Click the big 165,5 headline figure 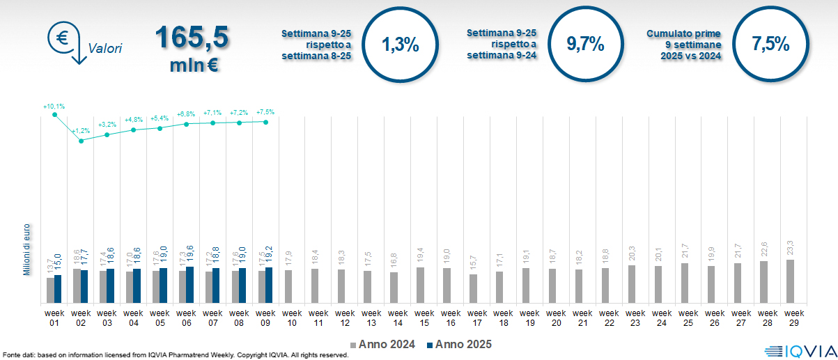click(192, 38)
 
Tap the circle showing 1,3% click(401, 45)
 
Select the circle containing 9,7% click(585, 45)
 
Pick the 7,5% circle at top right click(770, 45)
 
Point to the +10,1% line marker click(55, 115)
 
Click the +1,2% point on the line click(82, 141)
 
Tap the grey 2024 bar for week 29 click(790, 281)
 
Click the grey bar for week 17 click(473, 288)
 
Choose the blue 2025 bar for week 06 click(190, 285)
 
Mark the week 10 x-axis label click(293, 318)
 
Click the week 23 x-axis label click(636, 318)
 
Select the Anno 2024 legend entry click(383, 344)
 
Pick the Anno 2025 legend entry click(459, 344)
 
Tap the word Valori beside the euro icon click(105, 49)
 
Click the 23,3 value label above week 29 click(790, 247)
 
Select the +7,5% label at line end click(265, 112)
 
